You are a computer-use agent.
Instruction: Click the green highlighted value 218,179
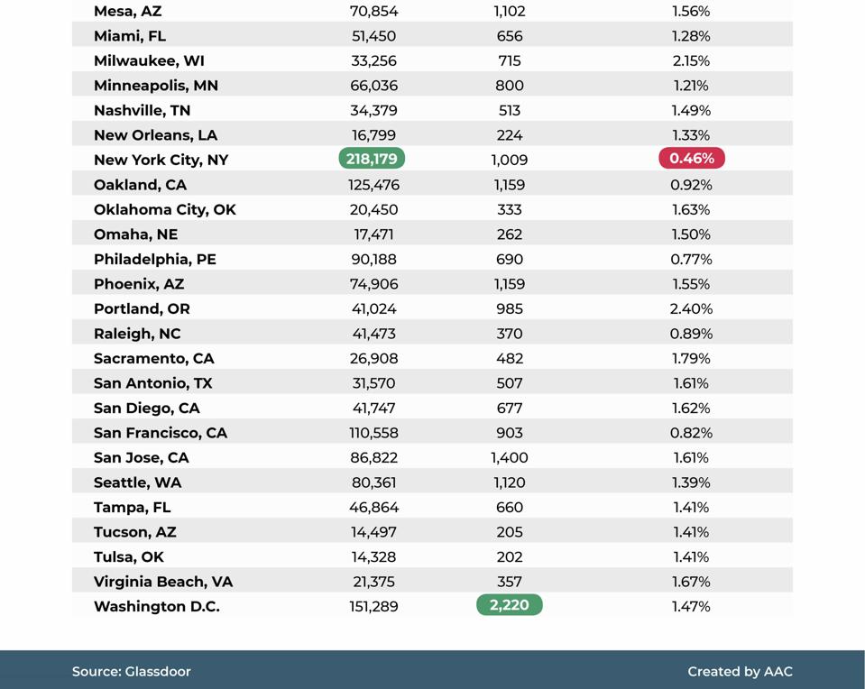coord(372,159)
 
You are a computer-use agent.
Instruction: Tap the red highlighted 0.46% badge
coord(692,159)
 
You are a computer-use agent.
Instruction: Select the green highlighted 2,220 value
coord(509,605)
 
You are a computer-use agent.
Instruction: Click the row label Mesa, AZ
coord(127,12)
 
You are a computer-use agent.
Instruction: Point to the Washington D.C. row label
coord(156,606)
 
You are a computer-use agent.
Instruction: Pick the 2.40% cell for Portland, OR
coord(692,308)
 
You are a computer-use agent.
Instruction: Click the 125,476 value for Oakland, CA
coord(373,185)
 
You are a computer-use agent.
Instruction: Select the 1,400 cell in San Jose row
coord(510,457)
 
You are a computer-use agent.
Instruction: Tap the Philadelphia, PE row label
coord(154,259)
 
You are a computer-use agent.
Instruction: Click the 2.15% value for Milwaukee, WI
coord(691,60)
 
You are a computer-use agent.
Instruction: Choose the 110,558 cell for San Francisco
coord(373,433)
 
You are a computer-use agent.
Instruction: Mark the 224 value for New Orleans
coord(510,135)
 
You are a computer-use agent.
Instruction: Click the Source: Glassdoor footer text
coord(132,671)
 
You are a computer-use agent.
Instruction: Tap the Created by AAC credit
coord(740,671)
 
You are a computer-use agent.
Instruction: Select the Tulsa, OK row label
coord(128,556)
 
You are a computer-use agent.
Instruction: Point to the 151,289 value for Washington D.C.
coord(373,606)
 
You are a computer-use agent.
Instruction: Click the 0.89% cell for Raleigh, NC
coord(691,334)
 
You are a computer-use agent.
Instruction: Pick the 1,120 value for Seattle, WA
coord(510,482)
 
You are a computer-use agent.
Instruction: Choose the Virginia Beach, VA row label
coord(162,582)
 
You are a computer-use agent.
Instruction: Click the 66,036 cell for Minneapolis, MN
coord(373,86)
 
